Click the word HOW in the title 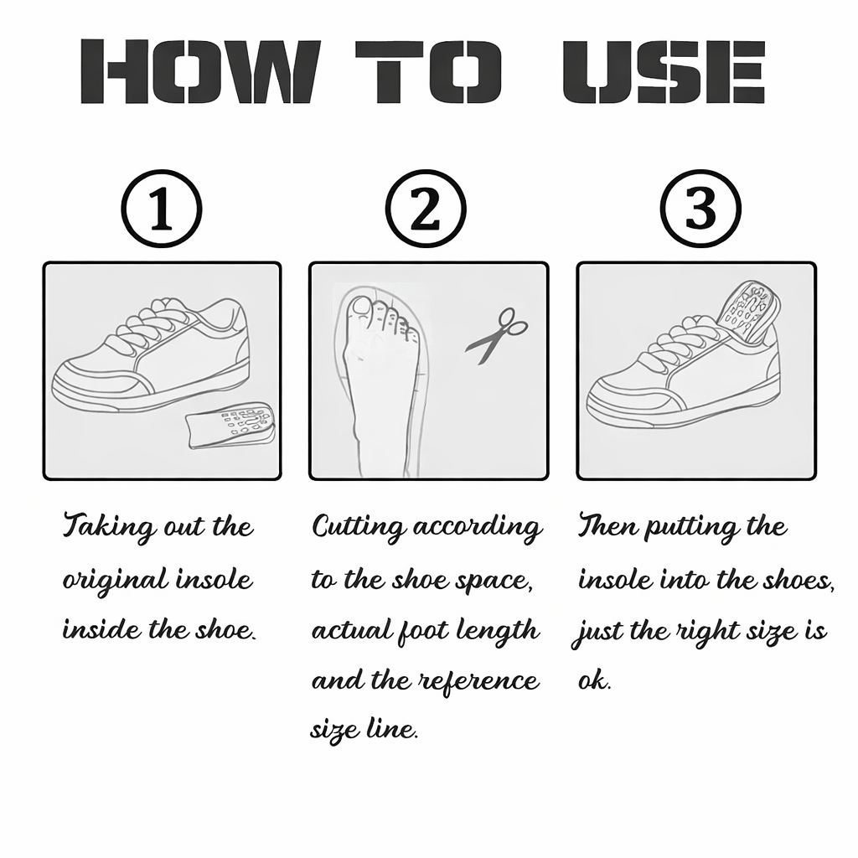pos(199,71)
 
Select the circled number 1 pos(162,209)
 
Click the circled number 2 pos(426,209)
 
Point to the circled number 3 pos(700,209)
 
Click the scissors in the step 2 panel pos(496,334)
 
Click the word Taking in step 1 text pos(109,529)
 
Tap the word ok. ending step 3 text pos(595,680)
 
